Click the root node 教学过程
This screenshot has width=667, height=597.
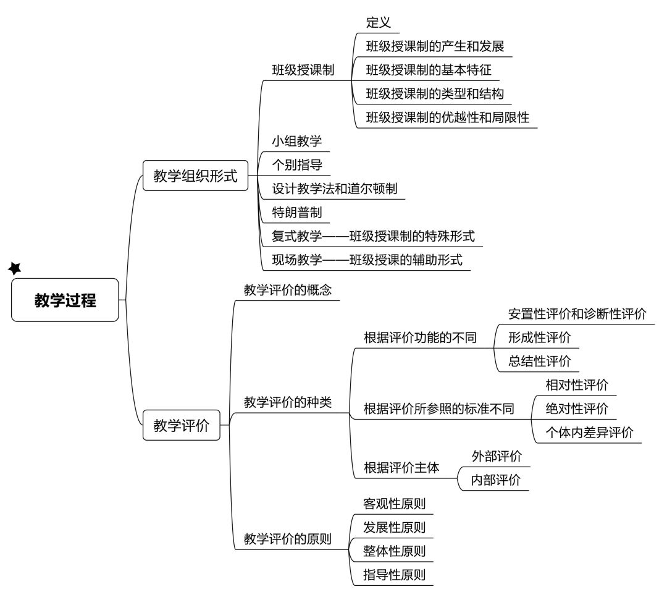65,300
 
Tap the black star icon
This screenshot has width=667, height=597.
15,268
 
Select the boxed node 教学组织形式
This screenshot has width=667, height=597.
195,176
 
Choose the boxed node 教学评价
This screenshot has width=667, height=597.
181,425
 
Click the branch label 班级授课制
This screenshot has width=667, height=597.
303,70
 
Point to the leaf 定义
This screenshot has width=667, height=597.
378,22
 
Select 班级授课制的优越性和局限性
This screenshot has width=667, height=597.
448,117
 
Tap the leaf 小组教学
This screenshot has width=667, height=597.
297,141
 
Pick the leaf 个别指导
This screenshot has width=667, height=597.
297,165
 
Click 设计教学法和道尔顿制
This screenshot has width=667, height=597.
334,188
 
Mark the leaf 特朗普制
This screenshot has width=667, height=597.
297,212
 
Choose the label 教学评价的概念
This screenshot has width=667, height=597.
288,290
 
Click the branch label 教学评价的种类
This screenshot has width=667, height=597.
288,402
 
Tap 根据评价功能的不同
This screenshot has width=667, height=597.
420,337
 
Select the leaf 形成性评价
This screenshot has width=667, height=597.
539,337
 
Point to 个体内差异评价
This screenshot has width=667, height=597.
590,433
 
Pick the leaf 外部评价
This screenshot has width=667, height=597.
497,457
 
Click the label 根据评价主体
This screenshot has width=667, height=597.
401,468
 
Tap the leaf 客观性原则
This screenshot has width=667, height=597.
394,504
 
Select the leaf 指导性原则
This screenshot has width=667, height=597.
394,575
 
